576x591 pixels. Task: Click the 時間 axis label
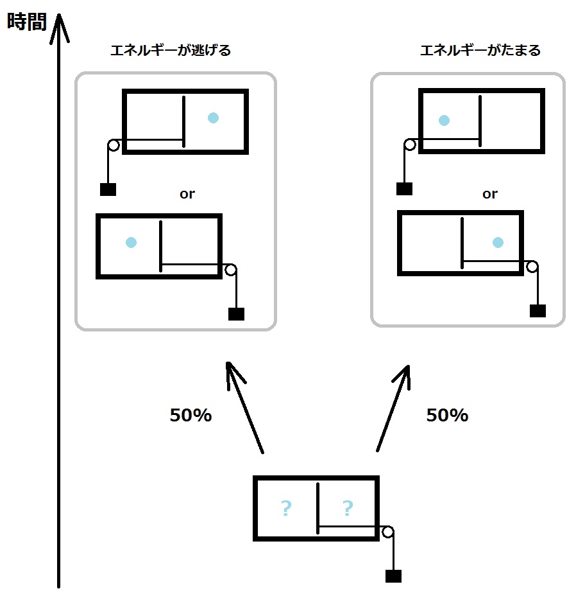tap(27, 21)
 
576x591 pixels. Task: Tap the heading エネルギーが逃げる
tap(171, 50)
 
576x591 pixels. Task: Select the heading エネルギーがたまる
tap(480, 50)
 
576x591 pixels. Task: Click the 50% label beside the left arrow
tap(191, 415)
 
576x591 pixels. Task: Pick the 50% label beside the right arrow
tap(447, 415)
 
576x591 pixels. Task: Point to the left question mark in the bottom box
tap(286, 508)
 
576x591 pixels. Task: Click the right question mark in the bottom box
tap(348, 508)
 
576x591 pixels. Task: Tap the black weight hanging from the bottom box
tap(394, 576)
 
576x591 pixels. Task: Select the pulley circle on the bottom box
tap(388, 532)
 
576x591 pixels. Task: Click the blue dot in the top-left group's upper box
tap(214, 118)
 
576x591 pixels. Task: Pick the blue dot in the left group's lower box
tap(131, 242)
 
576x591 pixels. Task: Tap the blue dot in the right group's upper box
tap(445, 120)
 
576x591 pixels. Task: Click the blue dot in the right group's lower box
tap(498, 242)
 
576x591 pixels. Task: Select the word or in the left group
tap(187, 194)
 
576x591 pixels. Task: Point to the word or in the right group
tap(490, 194)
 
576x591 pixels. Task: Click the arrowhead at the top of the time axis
tap(59, 14)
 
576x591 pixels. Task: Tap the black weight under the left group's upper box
tap(108, 190)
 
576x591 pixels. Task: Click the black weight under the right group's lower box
tap(538, 311)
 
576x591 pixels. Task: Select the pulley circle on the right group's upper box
tap(410, 145)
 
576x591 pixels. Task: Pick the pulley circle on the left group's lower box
tap(231, 270)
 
